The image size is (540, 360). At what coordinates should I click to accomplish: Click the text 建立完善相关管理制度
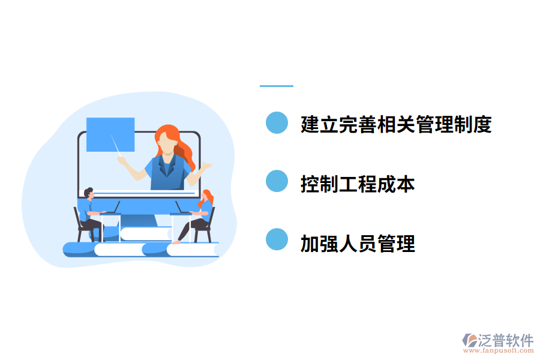tap(396, 124)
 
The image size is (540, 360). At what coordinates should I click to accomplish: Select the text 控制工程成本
tap(358, 184)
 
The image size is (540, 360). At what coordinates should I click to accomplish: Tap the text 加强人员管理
tap(358, 244)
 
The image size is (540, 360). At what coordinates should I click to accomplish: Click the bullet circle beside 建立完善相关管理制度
tap(277, 122)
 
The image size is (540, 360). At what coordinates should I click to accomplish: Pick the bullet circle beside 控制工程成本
tap(277, 181)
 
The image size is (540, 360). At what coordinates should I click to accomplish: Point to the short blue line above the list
tap(276, 86)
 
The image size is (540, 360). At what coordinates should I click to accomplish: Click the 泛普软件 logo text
tap(505, 340)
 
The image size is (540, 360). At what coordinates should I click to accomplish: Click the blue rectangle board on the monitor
tap(110, 134)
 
